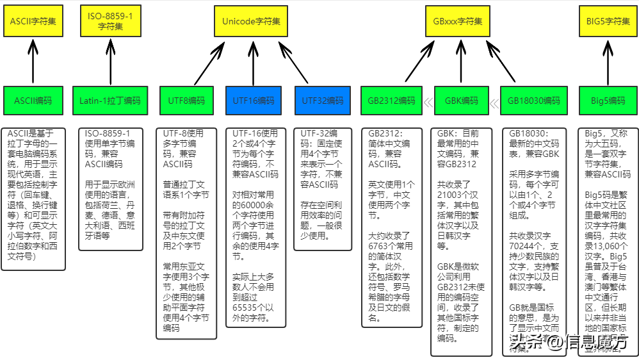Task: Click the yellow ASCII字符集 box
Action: click(33, 20)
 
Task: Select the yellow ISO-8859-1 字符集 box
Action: click(111, 20)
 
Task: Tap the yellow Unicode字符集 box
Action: click(251, 20)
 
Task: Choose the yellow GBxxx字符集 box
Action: click(457, 20)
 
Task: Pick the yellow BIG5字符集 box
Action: click(608, 20)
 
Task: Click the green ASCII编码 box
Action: click(33, 101)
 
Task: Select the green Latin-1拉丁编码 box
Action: click(110, 101)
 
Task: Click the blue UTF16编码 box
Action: click(253, 101)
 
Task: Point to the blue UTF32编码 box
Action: click(322, 101)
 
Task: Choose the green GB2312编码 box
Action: click(392, 101)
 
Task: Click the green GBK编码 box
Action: click(462, 101)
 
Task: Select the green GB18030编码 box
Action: click(534, 101)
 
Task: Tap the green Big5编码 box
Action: click(608, 101)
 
